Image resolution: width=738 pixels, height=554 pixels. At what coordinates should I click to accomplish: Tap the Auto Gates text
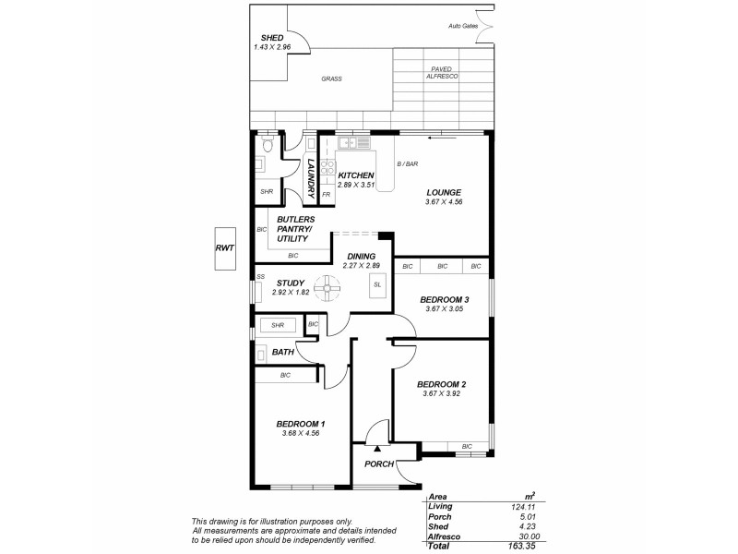click(463, 26)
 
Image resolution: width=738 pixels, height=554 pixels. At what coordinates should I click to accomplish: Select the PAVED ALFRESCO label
click(441, 73)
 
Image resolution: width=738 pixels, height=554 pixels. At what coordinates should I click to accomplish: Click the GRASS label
click(331, 79)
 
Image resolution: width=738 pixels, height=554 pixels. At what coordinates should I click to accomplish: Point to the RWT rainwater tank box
click(224, 248)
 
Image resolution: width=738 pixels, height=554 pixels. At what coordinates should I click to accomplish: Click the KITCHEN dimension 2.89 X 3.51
click(356, 185)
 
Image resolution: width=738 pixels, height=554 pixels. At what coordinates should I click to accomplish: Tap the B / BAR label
click(407, 164)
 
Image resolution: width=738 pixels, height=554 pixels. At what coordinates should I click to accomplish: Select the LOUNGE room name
click(443, 192)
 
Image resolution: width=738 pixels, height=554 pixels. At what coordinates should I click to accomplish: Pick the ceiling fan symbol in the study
click(326, 288)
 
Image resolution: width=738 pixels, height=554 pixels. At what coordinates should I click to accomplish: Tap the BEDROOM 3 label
click(445, 299)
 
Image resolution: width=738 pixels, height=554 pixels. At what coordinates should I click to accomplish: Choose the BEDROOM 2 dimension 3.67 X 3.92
click(442, 393)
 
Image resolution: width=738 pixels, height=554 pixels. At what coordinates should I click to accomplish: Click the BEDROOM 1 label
click(301, 424)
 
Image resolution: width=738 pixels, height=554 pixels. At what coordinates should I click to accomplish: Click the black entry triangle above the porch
click(377, 446)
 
